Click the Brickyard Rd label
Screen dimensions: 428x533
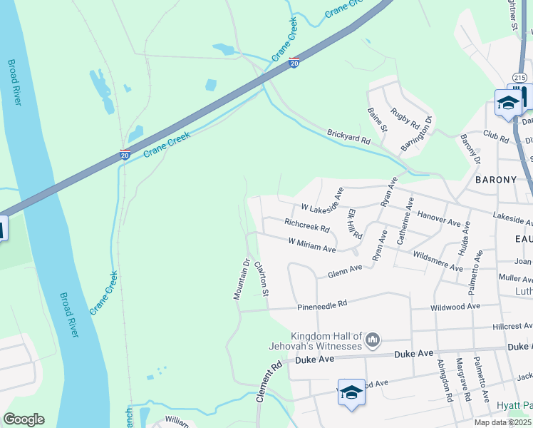[x=349, y=137]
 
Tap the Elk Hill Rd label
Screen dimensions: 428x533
[x=354, y=223]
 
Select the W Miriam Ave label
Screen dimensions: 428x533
[x=312, y=245]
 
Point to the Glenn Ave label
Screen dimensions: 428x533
[x=345, y=271]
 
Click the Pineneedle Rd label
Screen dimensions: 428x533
[x=322, y=305]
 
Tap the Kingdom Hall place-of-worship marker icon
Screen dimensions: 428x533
[x=372, y=341]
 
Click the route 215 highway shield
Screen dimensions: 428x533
[x=519, y=77]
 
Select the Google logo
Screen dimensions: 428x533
[x=24, y=419]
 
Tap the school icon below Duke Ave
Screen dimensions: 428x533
[x=351, y=392]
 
